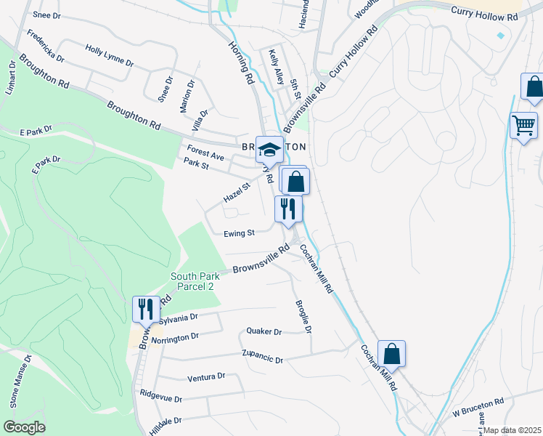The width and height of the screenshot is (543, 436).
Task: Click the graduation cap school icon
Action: (269, 150)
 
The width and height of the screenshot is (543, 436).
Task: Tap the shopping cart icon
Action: (523, 125)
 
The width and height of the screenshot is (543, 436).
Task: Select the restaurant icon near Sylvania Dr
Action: (145, 309)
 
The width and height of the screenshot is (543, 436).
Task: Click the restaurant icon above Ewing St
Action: (288, 208)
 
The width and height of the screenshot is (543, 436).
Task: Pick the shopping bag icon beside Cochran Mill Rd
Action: (391, 354)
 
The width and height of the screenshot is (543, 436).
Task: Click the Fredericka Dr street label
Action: (46, 46)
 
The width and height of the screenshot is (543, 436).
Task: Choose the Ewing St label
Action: (240, 233)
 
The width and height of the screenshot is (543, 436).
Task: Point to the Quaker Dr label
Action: (264, 332)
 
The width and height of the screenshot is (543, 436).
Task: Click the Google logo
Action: (24, 427)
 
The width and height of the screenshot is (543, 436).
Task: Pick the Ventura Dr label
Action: (206, 378)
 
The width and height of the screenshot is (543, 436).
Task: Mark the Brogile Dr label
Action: (303, 317)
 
